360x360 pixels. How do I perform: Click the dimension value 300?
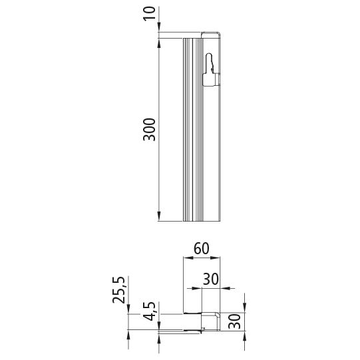[150, 129]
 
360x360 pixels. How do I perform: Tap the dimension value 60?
[202, 250]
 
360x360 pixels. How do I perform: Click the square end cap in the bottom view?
[211, 321]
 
